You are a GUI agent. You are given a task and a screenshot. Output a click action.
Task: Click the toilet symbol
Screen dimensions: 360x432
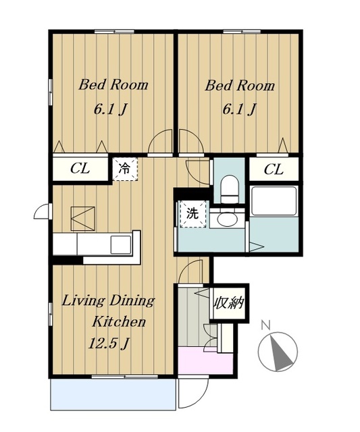[230, 189]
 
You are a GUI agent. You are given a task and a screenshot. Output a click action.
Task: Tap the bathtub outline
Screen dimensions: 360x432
[274, 201]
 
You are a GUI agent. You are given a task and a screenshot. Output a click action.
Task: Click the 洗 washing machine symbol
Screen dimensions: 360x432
[192, 214]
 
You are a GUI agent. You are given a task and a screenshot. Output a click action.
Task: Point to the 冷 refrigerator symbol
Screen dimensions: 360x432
[124, 169]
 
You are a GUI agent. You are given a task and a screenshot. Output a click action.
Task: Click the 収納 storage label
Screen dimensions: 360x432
[229, 303]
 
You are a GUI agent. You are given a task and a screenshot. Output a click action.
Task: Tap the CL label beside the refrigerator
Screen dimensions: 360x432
[80, 168]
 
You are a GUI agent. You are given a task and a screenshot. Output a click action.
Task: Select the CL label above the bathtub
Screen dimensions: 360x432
[274, 169]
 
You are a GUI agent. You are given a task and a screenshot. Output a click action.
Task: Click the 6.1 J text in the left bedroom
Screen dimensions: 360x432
[110, 109]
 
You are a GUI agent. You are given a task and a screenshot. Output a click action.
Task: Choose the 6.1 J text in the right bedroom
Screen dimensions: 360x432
[238, 109]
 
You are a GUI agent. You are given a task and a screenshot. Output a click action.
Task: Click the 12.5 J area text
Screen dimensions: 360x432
[109, 344]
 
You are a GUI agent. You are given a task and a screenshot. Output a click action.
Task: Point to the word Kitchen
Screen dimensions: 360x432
[118, 321]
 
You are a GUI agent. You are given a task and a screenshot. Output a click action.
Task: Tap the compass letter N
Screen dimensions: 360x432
[265, 325]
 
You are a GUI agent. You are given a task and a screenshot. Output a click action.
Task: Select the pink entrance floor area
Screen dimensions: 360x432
[205, 360]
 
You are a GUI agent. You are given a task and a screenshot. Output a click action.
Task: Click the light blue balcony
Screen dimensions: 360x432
[113, 394]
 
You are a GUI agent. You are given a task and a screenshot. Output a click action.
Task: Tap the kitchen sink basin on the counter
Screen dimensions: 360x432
[120, 244]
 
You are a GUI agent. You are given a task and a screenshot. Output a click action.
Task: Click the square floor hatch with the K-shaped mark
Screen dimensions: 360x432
[82, 219]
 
